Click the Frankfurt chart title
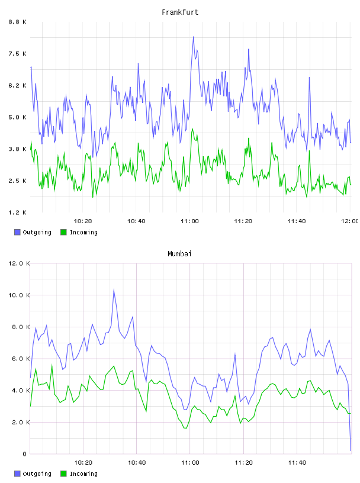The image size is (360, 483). click(x=180, y=12)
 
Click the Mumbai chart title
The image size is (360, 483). click(x=179, y=253)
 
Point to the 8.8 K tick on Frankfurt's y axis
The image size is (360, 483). click(x=18, y=22)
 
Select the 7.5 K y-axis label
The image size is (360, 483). click(x=18, y=54)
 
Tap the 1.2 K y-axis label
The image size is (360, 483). click(x=18, y=212)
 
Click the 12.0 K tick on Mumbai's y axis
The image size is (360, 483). click(x=19, y=263)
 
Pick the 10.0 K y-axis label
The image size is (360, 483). click(x=19, y=295)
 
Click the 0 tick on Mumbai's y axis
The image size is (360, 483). click(x=25, y=454)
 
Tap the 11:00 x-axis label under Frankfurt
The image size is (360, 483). click(x=189, y=221)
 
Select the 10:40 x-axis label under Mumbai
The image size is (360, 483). click(x=137, y=462)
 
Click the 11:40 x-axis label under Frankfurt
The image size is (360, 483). click(x=297, y=221)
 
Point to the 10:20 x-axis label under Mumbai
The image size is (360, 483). click(x=83, y=462)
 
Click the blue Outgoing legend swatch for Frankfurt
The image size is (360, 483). click(x=17, y=232)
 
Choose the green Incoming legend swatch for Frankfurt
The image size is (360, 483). click(x=63, y=232)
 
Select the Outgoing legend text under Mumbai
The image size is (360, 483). click(x=37, y=474)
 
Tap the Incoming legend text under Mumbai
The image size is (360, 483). click(x=83, y=474)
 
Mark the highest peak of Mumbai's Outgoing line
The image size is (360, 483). click(x=114, y=289)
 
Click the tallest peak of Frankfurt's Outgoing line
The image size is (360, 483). click(x=194, y=37)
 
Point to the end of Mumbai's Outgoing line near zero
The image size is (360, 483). click(x=351, y=450)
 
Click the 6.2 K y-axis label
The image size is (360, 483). click(x=18, y=85)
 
